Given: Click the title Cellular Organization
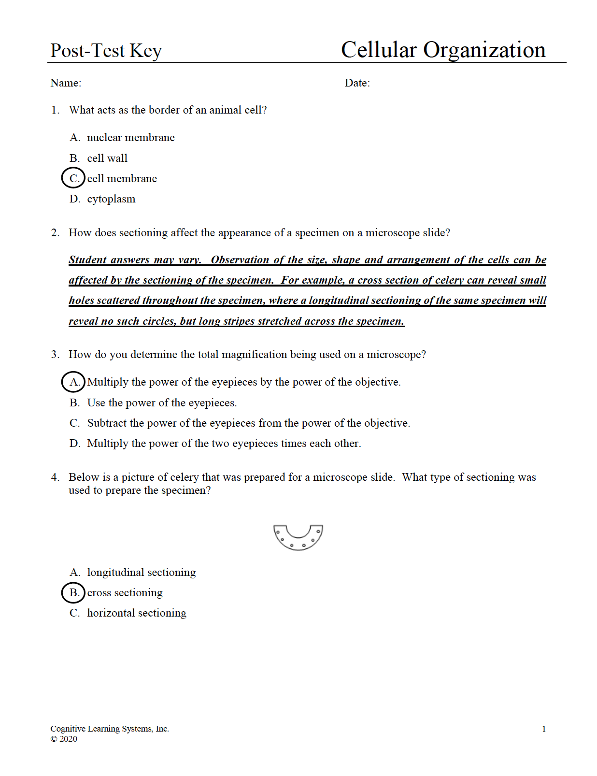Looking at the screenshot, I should tap(443, 50).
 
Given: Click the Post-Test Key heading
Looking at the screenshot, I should tap(106, 51).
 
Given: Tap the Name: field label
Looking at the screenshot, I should tap(66, 83).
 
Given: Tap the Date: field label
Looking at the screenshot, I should tap(357, 83).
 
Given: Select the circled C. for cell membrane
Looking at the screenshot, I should tap(73, 178).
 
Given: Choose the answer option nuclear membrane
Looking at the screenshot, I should tap(130, 138).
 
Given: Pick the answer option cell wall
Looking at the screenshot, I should tap(107, 158).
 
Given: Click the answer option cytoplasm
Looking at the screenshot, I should tap(111, 199).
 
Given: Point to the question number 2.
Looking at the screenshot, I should tap(55, 233).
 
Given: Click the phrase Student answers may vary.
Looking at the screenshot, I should tap(135, 260).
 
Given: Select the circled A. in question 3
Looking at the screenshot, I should tap(73, 382).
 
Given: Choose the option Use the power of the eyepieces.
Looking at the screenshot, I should tap(162, 403).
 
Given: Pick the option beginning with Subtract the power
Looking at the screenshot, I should tap(248, 423).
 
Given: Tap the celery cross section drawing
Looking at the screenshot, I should tap(298, 537).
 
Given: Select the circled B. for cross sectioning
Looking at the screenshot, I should tap(73, 593).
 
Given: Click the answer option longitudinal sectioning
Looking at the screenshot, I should tap(141, 573).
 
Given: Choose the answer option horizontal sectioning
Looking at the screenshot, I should tap(136, 613).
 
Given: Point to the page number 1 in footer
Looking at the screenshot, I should tap(544, 729).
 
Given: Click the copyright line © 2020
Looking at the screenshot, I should tap(64, 739).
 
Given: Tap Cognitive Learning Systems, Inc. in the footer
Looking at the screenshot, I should tap(110, 729).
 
